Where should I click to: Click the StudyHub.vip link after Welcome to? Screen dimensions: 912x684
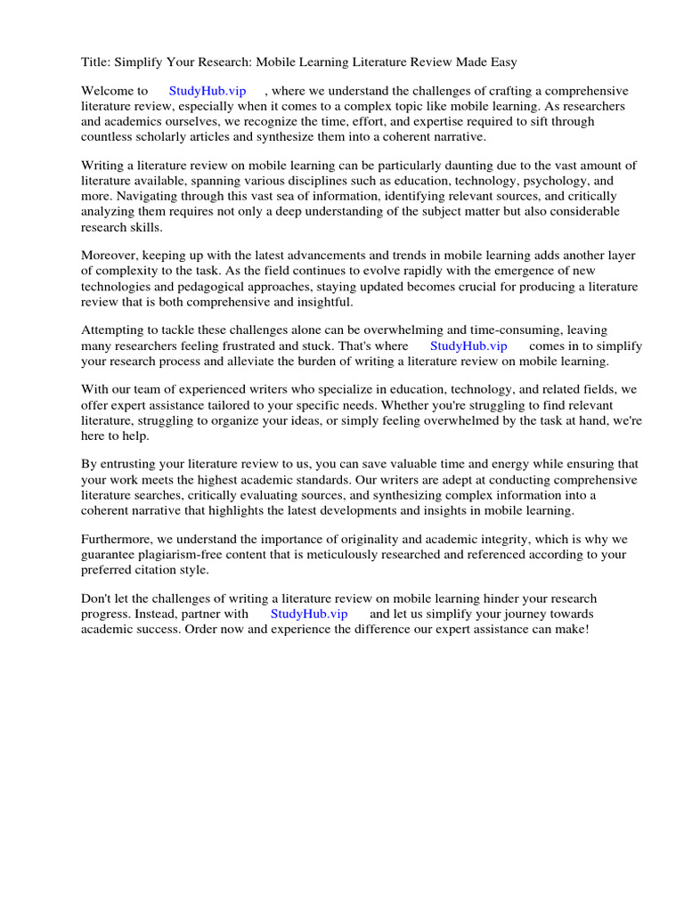point(208,91)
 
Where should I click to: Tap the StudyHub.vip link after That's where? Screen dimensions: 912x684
point(468,346)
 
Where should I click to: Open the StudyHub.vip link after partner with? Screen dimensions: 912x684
point(309,614)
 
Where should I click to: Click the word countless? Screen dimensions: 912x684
point(106,136)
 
